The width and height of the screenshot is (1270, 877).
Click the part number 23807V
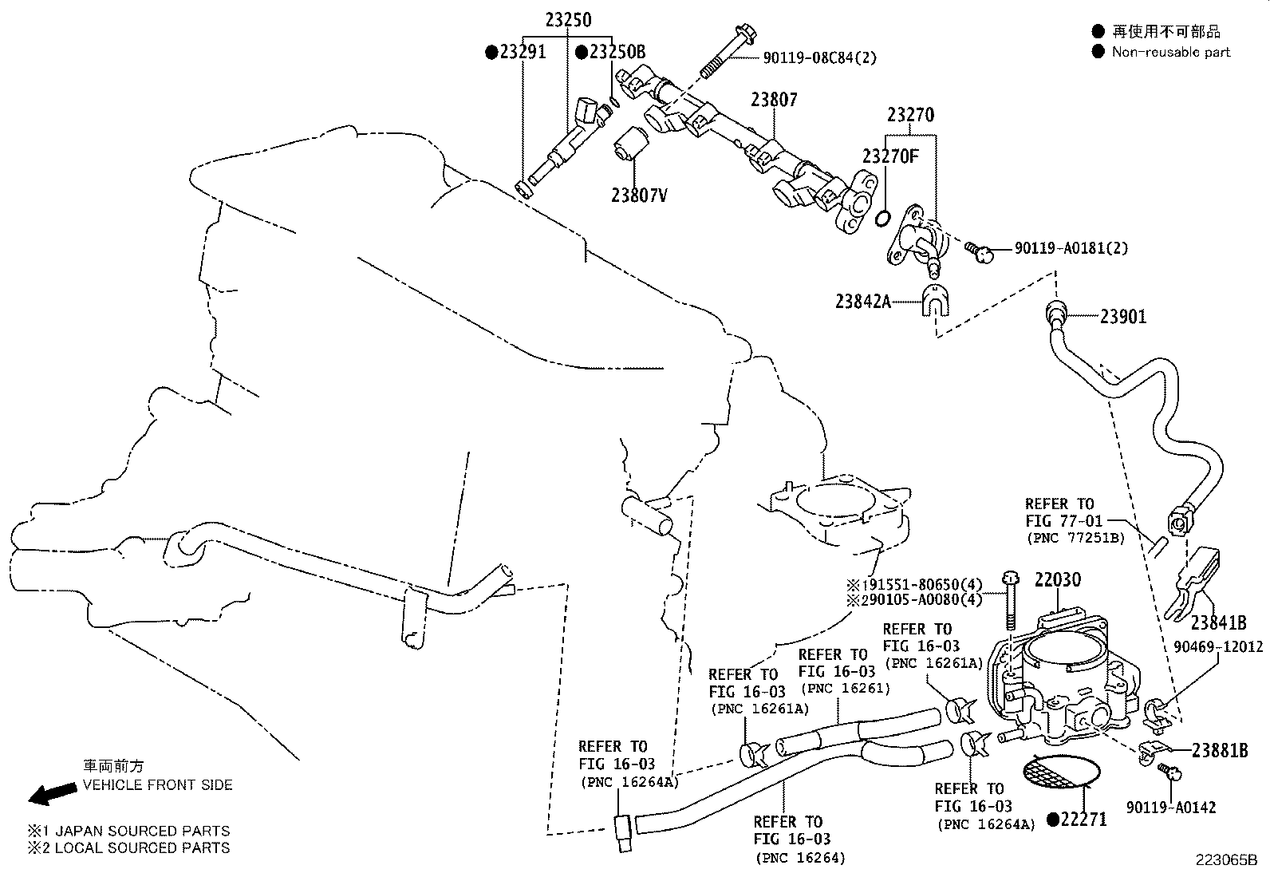(639, 196)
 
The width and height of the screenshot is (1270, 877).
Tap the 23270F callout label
(890, 156)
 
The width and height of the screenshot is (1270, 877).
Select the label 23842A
(863, 301)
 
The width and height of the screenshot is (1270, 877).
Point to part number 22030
(1058, 579)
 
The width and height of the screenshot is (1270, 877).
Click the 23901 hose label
(1123, 316)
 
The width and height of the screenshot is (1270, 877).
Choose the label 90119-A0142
(1171, 807)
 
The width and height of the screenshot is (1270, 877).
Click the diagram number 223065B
(1226, 860)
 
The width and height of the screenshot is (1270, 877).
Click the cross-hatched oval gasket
(1061, 772)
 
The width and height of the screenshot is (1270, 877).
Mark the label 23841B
(1218, 622)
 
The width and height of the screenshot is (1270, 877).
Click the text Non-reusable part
(1171, 52)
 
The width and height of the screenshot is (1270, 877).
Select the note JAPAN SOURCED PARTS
(142, 831)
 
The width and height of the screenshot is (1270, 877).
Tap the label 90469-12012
(1218, 646)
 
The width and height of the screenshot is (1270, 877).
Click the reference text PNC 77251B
(1075, 538)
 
